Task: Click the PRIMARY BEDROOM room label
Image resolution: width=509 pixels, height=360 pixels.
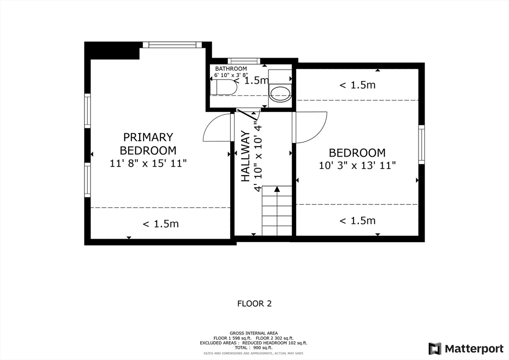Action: point(148,144)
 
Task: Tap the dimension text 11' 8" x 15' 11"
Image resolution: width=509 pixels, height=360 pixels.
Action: point(148,163)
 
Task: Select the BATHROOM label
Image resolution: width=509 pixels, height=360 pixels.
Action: point(231,69)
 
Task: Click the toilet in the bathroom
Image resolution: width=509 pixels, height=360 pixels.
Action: point(224,87)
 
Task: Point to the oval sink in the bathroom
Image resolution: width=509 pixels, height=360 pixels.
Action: point(280,92)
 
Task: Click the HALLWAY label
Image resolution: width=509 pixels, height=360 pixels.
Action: point(246,156)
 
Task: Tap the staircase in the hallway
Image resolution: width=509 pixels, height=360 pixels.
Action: point(277,210)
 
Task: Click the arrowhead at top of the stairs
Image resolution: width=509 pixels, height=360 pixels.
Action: point(277,188)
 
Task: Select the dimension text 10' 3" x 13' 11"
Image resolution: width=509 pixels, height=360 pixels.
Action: point(357,166)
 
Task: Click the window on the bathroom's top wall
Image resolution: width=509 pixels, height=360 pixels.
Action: point(244,61)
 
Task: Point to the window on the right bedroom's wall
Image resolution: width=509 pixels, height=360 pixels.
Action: point(422,145)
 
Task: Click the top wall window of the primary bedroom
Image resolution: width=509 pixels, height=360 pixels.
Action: point(170,45)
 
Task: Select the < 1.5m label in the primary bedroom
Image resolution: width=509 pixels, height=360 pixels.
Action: point(161,224)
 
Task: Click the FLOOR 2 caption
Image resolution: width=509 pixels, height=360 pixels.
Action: point(254,304)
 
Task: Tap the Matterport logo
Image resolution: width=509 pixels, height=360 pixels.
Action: point(466,349)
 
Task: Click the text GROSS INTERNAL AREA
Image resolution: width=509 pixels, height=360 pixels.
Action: point(254,333)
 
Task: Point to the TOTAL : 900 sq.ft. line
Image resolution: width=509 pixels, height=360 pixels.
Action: point(254,348)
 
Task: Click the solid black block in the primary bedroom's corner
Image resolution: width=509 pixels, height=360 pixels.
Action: point(112,51)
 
